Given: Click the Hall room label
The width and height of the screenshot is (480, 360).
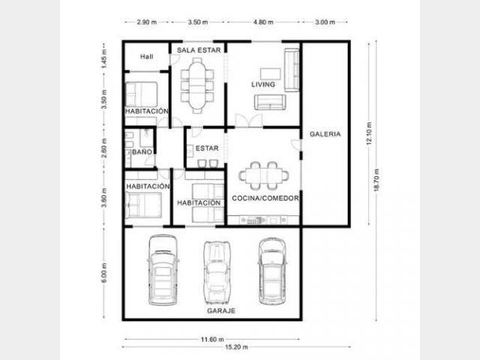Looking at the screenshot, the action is point(147,57).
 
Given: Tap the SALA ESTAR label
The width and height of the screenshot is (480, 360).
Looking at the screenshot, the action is point(199,50).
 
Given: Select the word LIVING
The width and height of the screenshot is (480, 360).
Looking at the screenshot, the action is point(263,85).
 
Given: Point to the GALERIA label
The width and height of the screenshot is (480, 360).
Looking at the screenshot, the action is point(325,134).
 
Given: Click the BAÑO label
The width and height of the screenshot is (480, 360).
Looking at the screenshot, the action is point(142,151).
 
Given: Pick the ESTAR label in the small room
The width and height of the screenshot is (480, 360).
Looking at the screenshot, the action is point(207,148).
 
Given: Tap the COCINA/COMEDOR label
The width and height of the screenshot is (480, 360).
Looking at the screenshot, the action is point(265,198).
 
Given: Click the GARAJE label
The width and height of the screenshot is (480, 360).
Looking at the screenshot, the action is point(221,310).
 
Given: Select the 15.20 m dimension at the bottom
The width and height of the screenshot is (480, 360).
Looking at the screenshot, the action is point(236,347).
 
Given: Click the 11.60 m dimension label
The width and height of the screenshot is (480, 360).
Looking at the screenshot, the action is point(212,339).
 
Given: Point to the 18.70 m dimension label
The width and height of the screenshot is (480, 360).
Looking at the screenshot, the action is point(376,180).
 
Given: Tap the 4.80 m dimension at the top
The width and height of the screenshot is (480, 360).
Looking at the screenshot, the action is point(263,22).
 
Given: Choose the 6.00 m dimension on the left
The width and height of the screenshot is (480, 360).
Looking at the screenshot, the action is point(104,273).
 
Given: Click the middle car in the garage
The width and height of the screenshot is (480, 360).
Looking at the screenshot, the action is point(217,272).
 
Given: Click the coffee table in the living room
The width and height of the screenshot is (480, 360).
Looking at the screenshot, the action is point(271,73).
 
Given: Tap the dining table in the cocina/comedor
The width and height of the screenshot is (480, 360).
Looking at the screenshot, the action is point(263,175).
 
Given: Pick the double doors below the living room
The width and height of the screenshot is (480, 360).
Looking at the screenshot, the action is point(249,120).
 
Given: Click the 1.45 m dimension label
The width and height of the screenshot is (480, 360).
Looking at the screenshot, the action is point(104,58).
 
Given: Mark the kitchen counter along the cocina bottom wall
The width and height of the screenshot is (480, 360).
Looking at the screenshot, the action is point(263,220).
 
